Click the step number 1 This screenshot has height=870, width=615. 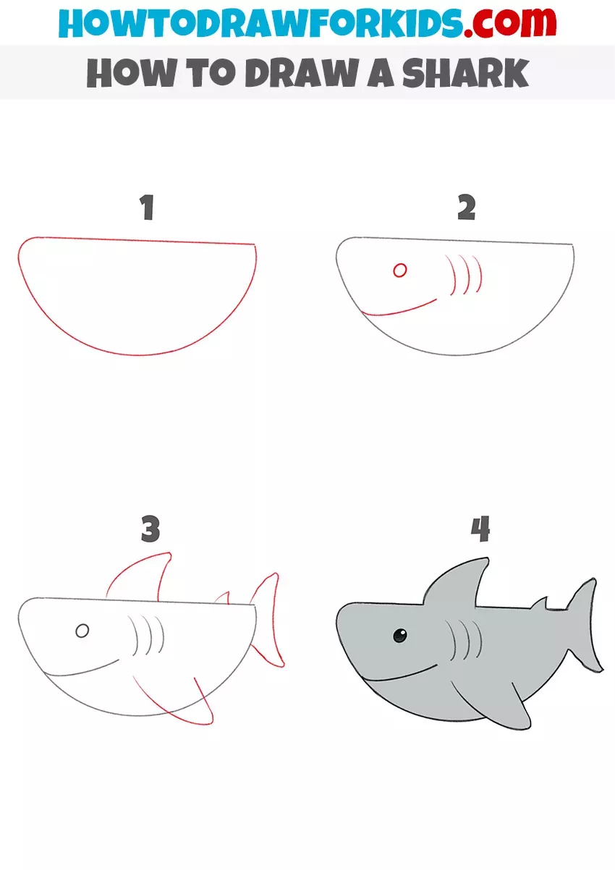coord(148,208)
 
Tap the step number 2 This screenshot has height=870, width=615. coord(467,208)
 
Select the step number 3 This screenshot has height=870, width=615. coord(150,530)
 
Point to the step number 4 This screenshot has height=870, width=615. coord(480,530)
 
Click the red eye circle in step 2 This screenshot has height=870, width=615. coord(399,270)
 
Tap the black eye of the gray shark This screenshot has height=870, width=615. coord(399,636)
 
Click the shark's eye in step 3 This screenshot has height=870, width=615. coord(82,631)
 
